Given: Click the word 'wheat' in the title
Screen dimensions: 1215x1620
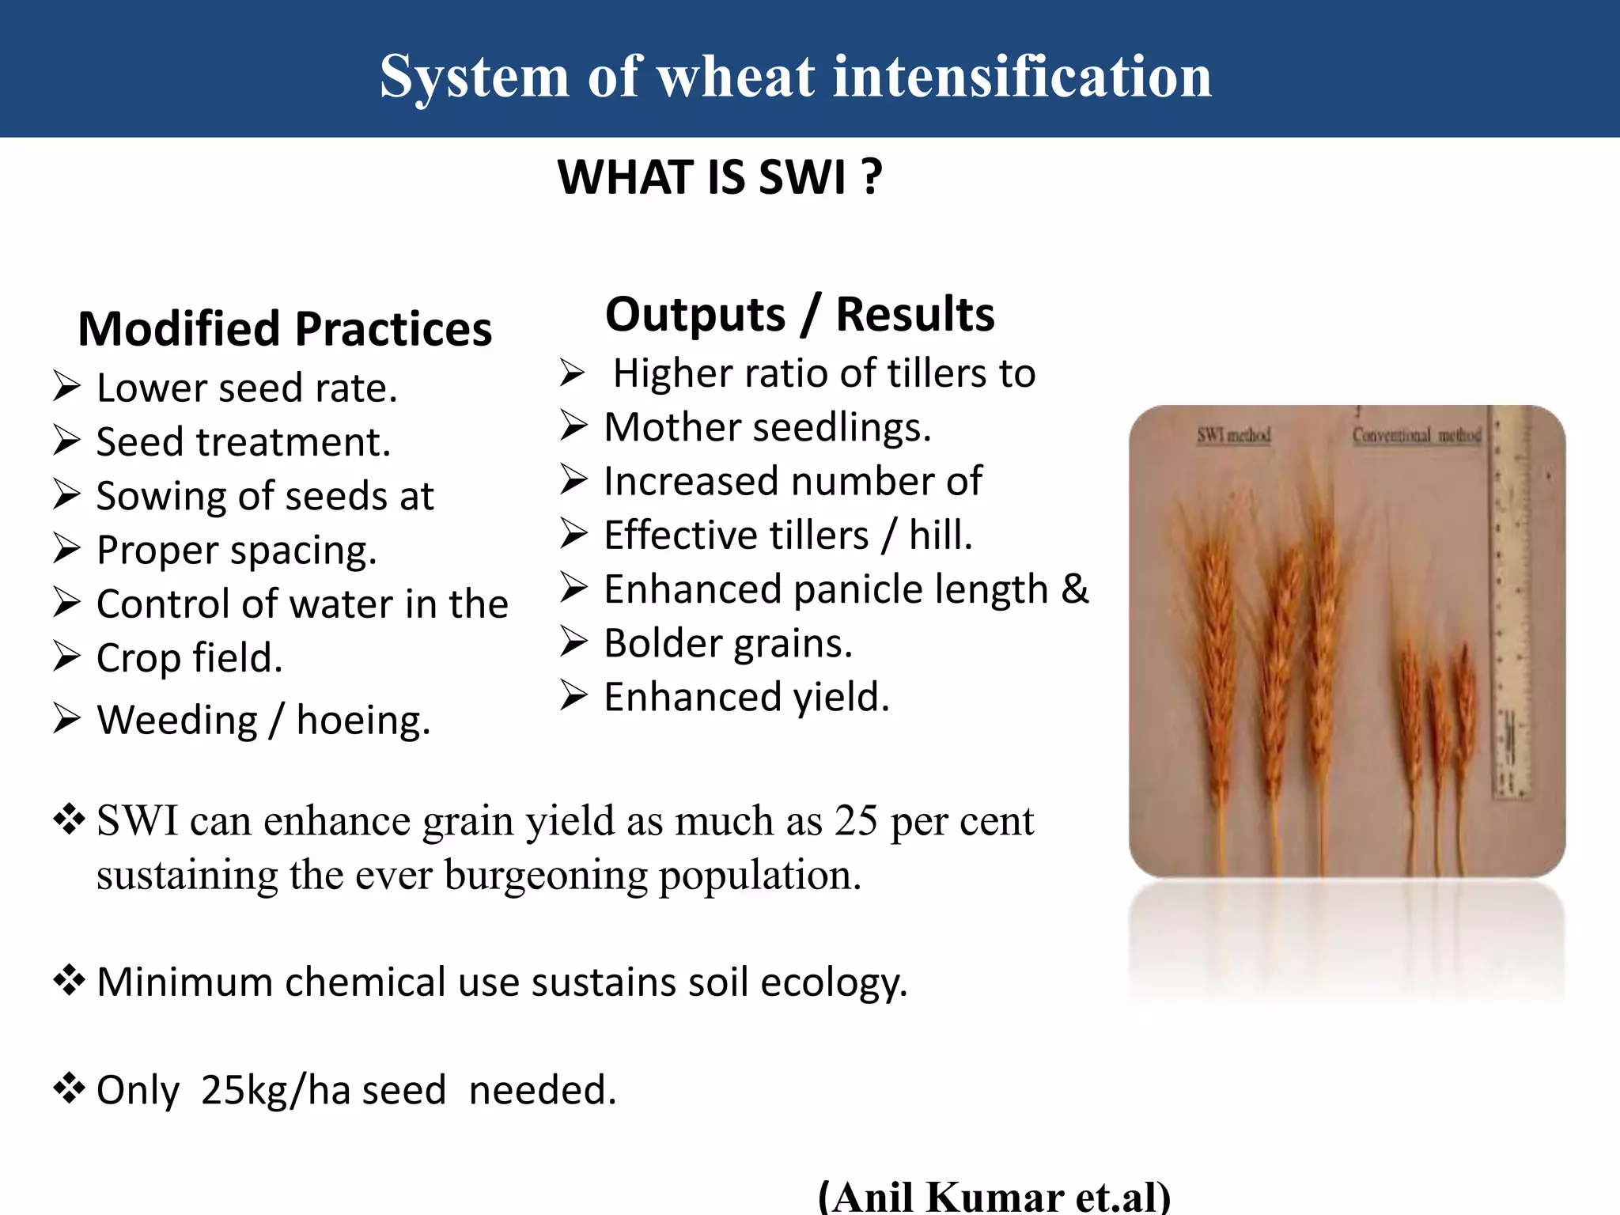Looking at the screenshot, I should (736, 77).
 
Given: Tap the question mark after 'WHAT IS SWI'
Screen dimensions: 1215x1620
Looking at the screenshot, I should (872, 176).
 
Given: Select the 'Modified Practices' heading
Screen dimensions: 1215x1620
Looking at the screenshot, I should (285, 329).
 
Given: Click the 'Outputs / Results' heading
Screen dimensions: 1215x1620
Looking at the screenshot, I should (799, 314).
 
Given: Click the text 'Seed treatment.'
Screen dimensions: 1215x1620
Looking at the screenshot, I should (244, 442).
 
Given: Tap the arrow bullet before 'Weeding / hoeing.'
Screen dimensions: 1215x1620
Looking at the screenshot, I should (67, 719).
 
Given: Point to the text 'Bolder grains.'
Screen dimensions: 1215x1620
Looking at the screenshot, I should (728, 643).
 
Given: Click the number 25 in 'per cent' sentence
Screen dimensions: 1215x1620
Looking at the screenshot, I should (856, 821).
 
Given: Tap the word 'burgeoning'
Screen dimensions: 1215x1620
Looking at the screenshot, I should (546, 876).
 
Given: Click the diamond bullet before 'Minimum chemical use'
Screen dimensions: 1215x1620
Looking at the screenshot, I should (69, 981).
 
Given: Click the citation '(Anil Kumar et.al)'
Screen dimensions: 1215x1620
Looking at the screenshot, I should (994, 1196).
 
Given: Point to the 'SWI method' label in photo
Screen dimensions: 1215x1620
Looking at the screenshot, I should (1233, 435).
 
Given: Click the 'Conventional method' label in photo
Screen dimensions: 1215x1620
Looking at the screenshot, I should (1416, 435).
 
